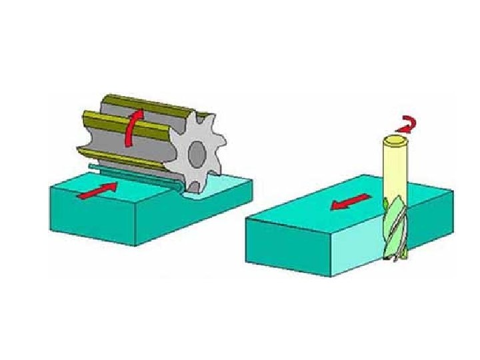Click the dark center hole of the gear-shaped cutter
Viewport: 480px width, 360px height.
point(197,155)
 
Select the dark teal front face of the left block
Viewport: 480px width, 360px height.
point(93,220)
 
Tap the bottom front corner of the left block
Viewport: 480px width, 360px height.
point(136,245)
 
